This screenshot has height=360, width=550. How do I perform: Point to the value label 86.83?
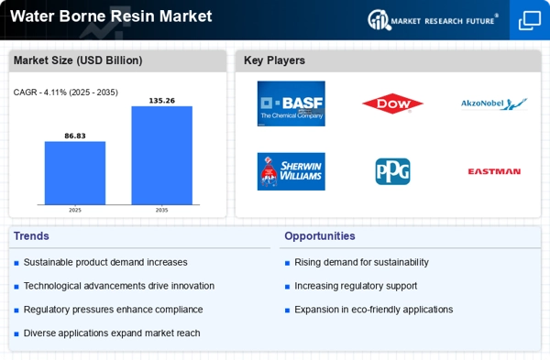coord(74,135)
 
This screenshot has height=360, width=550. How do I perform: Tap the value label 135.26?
coord(161,100)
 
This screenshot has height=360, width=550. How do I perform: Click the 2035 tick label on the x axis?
coord(161,210)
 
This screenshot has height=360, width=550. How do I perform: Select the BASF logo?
coord(291,104)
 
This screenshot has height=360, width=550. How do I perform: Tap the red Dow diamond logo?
coord(392,104)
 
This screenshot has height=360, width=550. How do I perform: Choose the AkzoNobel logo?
coord(493,104)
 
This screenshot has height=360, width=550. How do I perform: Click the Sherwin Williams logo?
coord(291,171)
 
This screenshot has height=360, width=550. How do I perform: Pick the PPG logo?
coord(392,171)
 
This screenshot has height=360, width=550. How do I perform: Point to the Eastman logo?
coord(493,171)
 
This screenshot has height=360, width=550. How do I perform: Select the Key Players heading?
coord(275,60)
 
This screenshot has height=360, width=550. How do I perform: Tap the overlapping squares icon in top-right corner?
coord(529,19)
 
